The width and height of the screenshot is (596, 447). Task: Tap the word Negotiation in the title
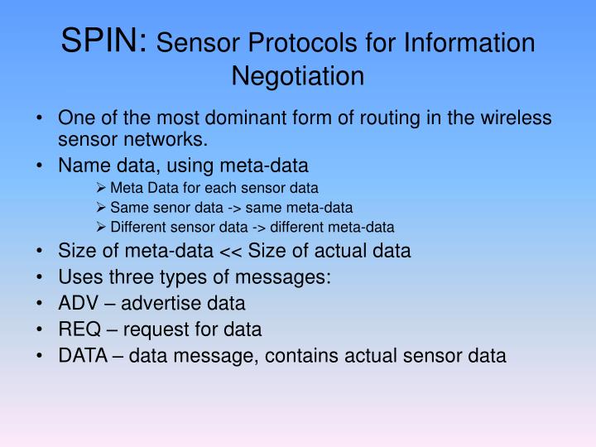(x=298, y=76)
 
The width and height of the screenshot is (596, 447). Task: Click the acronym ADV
(x=77, y=304)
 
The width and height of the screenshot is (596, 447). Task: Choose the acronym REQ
(x=78, y=330)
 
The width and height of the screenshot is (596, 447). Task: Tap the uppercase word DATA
(x=84, y=357)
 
